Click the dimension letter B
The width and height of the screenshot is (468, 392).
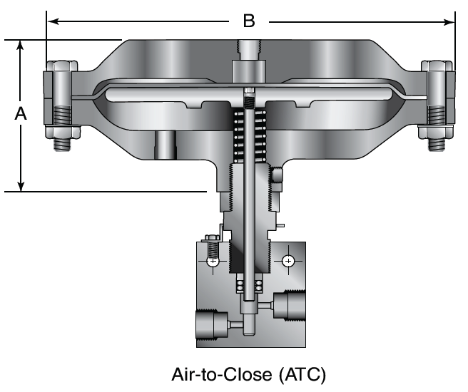[249, 21]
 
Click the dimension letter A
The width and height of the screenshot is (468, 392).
[20, 113]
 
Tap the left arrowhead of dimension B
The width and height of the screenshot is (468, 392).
[53, 21]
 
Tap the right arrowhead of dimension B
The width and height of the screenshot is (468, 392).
[449, 22]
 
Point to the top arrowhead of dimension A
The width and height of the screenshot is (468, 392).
[20, 46]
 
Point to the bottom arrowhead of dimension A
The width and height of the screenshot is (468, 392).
[21, 185]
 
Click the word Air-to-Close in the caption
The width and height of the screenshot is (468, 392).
[222, 374]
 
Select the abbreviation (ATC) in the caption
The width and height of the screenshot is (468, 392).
[302, 375]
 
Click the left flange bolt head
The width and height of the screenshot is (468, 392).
[61, 66]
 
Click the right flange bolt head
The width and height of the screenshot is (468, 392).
[437, 66]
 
